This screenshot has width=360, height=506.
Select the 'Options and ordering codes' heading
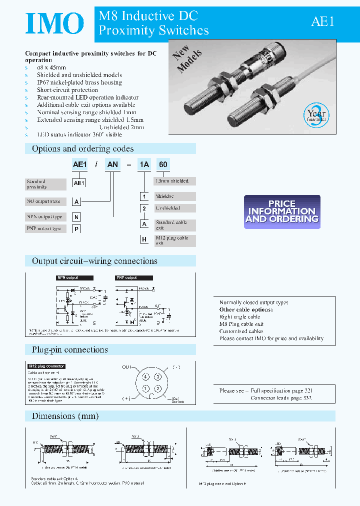pyautogui.click(x=83, y=148)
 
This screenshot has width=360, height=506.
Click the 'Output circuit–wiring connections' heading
pyautogui.click(x=94, y=261)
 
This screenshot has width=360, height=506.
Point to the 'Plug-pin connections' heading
pyautogui.click(x=69, y=349)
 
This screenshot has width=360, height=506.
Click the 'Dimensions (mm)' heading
pyautogui.click(x=65, y=416)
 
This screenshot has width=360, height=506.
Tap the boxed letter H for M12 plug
pyautogui.click(x=144, y=240)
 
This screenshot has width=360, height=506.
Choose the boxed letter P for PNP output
pyautogui.click(x=76, y=228)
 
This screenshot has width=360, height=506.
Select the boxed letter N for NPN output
pyautogui.click(x=76, y=216)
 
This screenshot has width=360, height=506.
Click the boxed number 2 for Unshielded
pyautogui.click(x=144, y=208)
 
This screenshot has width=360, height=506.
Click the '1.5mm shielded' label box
pyautogui.click(x=174, y=181)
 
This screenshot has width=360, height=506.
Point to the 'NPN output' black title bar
pyautogui.click(x=74, y=277)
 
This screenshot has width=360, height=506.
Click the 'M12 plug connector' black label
pyautogui.click(x=46, y=366)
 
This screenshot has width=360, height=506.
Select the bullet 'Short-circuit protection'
pyautogui.click(x=67, y=90)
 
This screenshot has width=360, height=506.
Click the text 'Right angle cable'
pyautogui.click(x=240, y=316)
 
